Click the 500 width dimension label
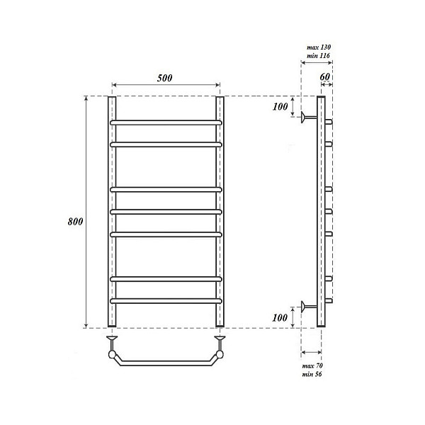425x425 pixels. click(164, 78)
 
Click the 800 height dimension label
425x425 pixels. click(75, 222)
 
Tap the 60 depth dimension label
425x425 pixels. click(324, 77)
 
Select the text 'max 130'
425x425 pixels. click(319, 47)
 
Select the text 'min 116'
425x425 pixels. click(318, 55)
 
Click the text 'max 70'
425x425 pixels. click(312, 366)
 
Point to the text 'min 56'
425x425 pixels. click(312, 374)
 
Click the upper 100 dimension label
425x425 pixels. click(280, 107)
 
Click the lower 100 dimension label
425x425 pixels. click(280, 317)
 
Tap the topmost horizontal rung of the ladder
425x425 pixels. click(166, 123)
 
